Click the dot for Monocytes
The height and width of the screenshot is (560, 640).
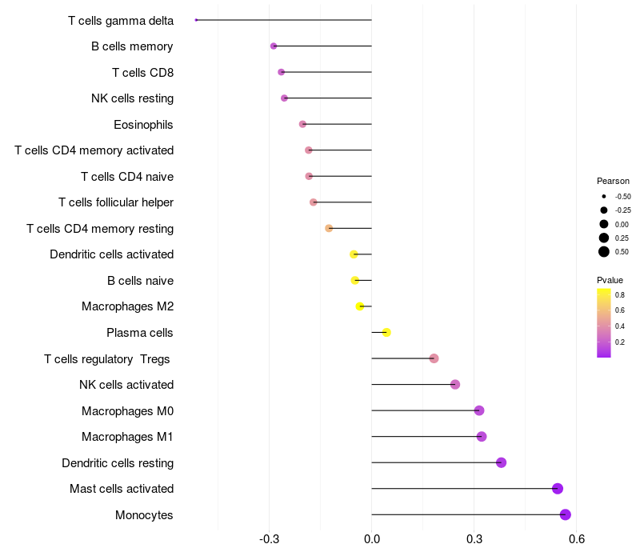point(566,514)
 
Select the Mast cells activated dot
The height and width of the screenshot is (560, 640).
point(558,489)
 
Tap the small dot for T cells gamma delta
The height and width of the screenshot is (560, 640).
point(196,20)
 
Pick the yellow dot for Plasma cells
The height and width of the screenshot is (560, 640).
point(386,332)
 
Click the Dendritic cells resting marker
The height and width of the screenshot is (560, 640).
point(502,462)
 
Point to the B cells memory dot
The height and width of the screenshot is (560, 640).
point(274,46)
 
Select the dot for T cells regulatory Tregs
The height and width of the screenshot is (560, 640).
point(434,358)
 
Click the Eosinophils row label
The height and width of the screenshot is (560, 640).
point(143,125)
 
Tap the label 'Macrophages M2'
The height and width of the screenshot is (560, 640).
point(127,306)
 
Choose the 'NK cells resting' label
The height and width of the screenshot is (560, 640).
point(132,98)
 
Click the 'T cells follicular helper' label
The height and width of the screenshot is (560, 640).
point(116,202)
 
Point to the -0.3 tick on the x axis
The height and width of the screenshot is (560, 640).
point(269,540)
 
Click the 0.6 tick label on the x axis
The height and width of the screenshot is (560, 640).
point(576,540)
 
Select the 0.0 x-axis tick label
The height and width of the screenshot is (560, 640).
point(372,540)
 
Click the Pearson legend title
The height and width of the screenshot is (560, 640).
point(613,181)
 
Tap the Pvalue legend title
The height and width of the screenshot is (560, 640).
point(610,280)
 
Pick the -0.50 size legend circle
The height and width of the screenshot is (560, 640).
point(604,196)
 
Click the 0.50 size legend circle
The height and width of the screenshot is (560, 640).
point(604,252)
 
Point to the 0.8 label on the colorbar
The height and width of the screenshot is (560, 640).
point(620,294)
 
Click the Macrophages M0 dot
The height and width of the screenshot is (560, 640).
point(479,410)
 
